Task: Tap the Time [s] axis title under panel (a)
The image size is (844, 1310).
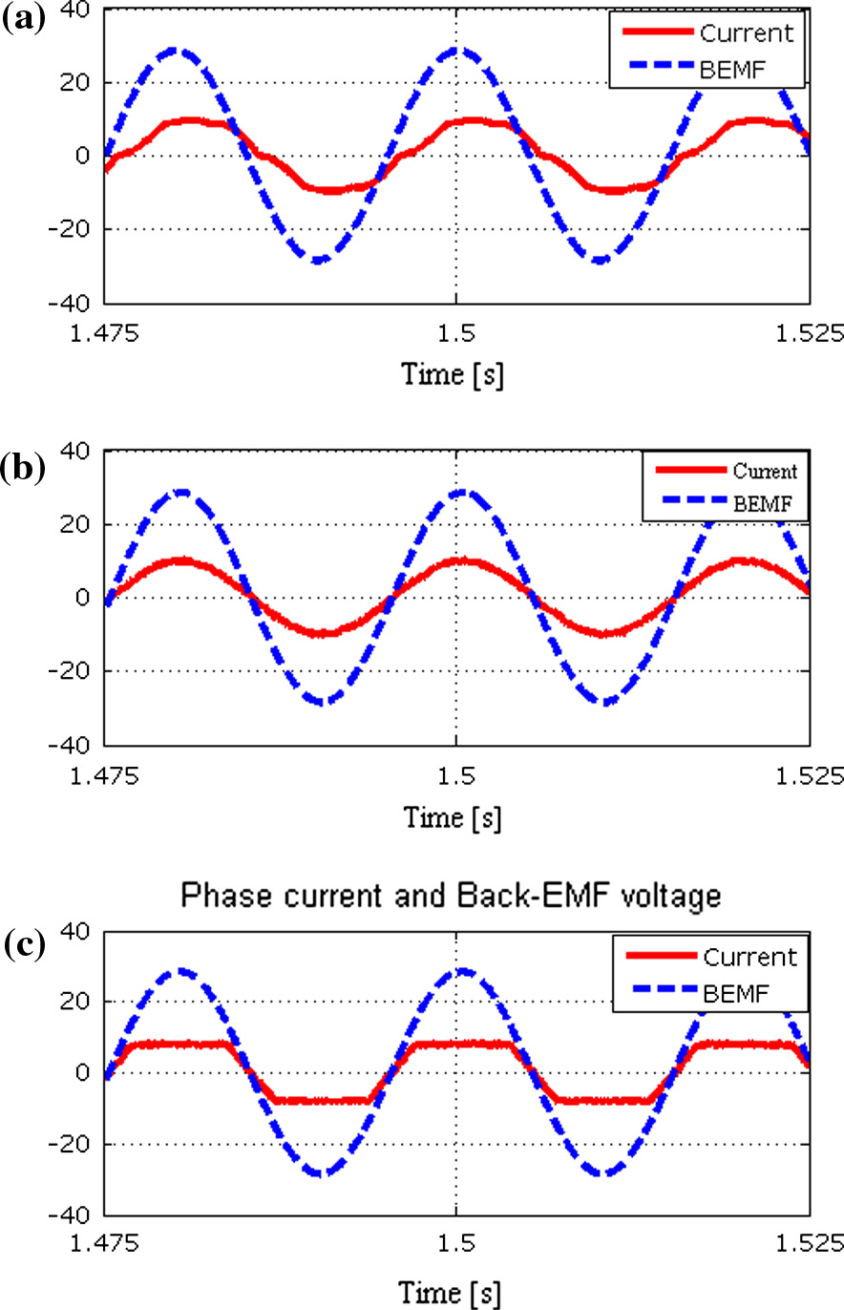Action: coord(454,375)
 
